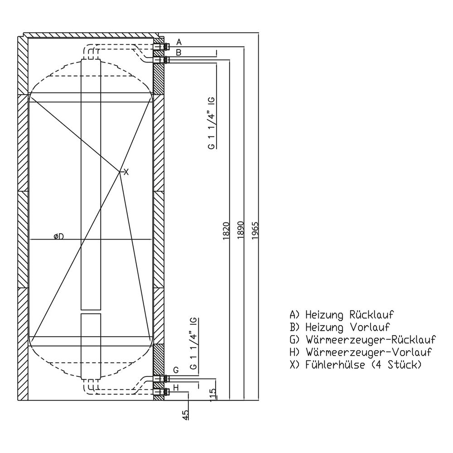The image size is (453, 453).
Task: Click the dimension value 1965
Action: coord(255,231)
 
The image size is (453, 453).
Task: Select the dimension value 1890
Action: coord(241,231)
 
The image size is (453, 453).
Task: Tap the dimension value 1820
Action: coord(226,231)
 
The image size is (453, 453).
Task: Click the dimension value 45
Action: coord(185,414)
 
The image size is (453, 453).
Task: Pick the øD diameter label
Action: coord(58,236)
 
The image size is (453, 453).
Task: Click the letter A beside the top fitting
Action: coord(179,42)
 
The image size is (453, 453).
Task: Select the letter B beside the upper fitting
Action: coord(178,53)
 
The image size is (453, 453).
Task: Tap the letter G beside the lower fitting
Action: coord(176,370)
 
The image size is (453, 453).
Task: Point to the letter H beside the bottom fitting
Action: coord(176,388)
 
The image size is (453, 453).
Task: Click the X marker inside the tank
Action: coord(126,173)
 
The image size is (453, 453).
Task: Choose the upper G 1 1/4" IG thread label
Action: coord(212,123)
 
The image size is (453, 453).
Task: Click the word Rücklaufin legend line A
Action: coord(371,315)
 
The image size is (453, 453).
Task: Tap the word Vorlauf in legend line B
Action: coord(370,328)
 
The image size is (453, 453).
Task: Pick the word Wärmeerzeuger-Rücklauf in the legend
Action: coord(371,340)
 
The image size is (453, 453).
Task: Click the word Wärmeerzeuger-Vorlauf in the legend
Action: coord(369,352)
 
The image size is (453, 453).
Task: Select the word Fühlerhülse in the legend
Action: coord(335,365)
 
